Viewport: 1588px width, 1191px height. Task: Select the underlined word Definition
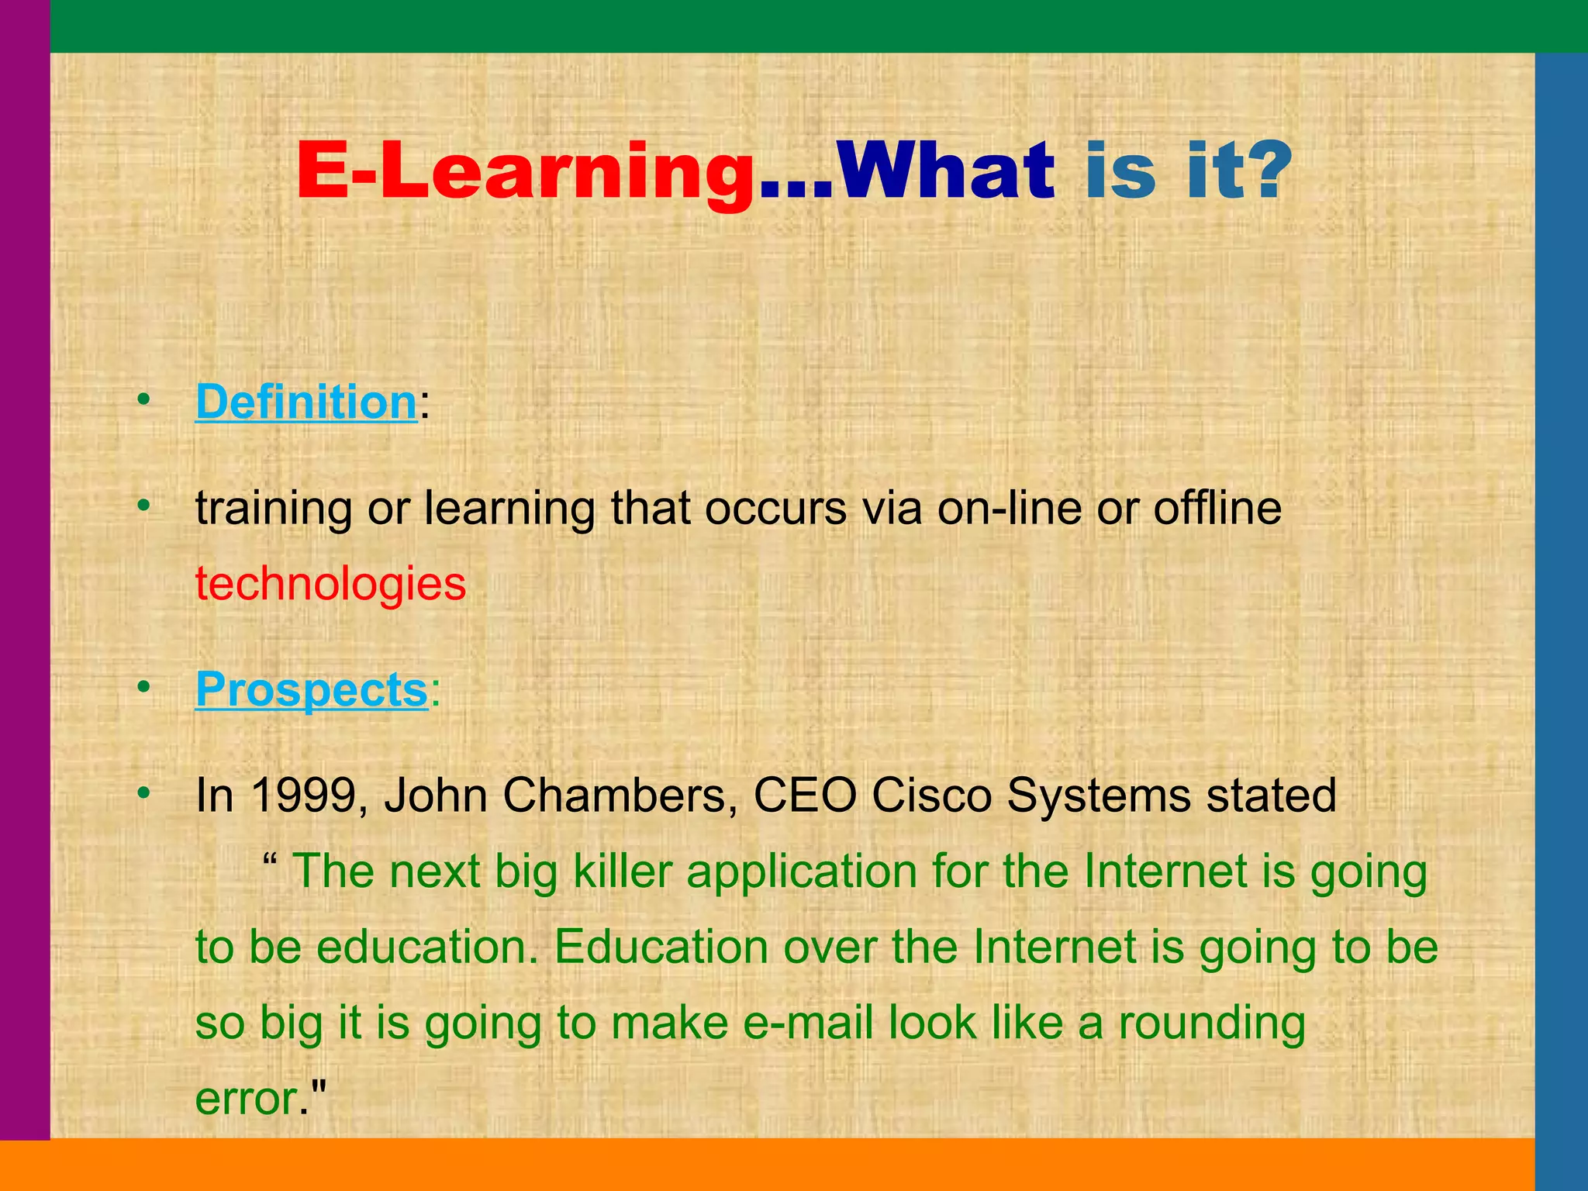point(306,402)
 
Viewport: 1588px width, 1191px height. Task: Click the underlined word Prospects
point(311,689)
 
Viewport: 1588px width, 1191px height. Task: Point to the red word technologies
point(330,583)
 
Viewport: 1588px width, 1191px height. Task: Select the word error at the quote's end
point(247,1099)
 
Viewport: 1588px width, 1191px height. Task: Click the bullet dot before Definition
point(143,400)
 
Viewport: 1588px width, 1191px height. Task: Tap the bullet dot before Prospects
point(143,687)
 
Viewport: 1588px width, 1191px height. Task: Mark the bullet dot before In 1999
point(143,793)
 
